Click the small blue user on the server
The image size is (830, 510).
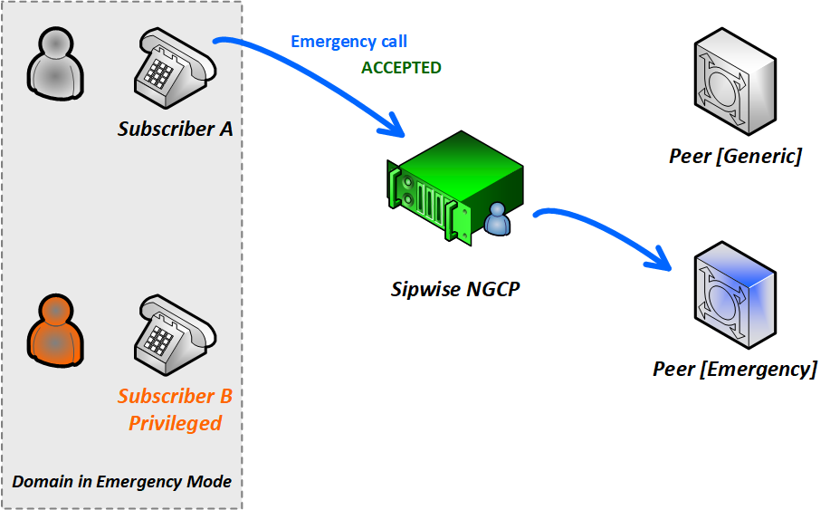click(497, 220)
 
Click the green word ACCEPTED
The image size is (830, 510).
click(401, 68)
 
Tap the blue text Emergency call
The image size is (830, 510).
click(348, 42)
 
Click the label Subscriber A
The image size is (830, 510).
click(175, 129)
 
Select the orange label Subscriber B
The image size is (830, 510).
click(175, 396)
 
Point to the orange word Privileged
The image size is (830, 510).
click(175, 423)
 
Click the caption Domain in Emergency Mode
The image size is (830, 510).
click(121, 481)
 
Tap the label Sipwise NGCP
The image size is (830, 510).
click(456, 290)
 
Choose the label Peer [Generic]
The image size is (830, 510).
click(735, 157)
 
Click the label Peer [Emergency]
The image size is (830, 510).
click(735, 369)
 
